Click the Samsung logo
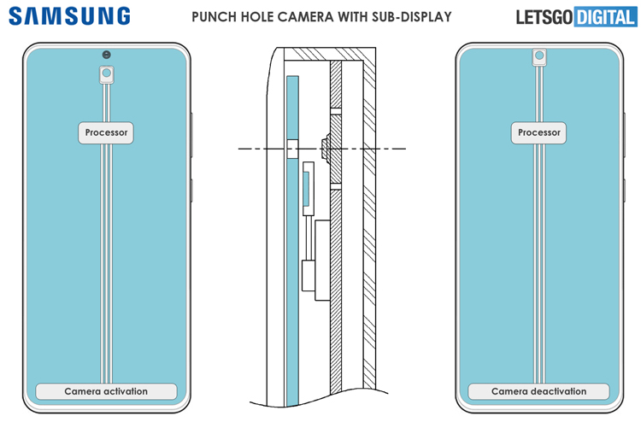(x=71, y=16)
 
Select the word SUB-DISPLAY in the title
(x=415, y=16)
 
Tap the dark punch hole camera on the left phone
(x=106, y=55)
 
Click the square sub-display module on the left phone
(x=106, y=74)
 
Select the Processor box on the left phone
(x=106, y=132)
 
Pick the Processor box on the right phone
(x=538, y=132)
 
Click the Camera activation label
(x=106, y=391)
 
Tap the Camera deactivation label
(x=538, y=391)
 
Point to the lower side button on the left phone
(x=193, y=190)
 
